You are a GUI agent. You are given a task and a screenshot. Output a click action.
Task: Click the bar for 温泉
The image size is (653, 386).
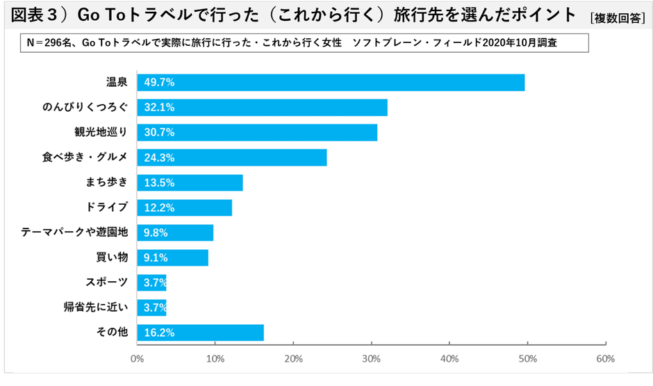point(331,83)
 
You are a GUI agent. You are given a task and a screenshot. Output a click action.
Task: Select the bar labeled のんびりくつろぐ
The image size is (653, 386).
point(262,108)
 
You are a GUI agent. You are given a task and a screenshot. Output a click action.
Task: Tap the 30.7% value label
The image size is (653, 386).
point(159,133)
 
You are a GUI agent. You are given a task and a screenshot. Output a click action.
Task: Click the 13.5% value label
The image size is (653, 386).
point(159,183)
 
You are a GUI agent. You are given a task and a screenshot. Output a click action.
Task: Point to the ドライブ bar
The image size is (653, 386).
point(184,208)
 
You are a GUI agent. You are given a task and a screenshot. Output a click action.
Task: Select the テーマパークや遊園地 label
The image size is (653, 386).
point(74,233)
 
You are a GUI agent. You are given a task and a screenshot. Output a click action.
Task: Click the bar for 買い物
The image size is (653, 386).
point(172,258)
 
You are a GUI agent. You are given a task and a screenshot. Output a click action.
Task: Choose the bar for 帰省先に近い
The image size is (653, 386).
point(151,308)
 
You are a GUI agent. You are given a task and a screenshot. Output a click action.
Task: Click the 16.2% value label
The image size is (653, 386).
point(159,333)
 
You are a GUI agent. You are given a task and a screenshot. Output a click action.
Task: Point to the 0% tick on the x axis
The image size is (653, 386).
point(137,359)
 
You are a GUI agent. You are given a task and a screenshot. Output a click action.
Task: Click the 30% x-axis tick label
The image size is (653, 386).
point(372,359)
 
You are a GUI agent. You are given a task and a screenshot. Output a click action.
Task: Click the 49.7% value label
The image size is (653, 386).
point(159,83)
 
